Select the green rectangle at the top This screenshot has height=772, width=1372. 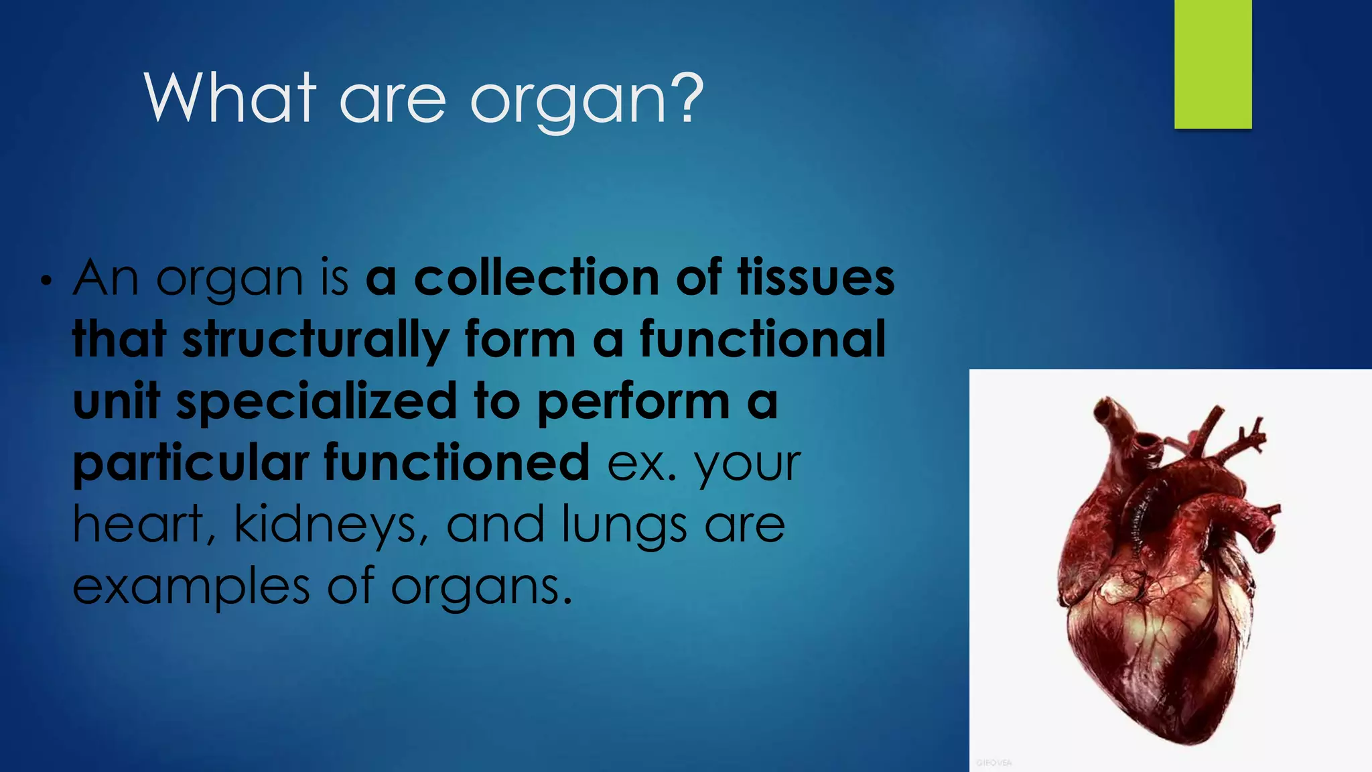tap(1213, 64)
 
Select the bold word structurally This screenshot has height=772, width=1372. tap(316, 340)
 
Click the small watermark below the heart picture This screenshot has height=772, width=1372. tap(993, 763)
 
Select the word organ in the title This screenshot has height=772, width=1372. tap(569, 101)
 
